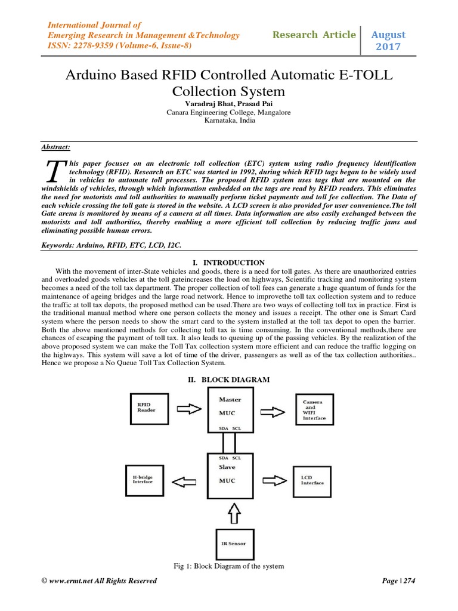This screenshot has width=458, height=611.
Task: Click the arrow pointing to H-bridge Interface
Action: point(188,479)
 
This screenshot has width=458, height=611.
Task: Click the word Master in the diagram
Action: point(230,399)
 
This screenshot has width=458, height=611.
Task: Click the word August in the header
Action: point(388,35)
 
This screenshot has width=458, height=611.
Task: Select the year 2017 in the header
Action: point(388,47)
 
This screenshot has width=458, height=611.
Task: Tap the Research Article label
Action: point(314,35)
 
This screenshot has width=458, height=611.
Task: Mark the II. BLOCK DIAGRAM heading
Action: point(229,379)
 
